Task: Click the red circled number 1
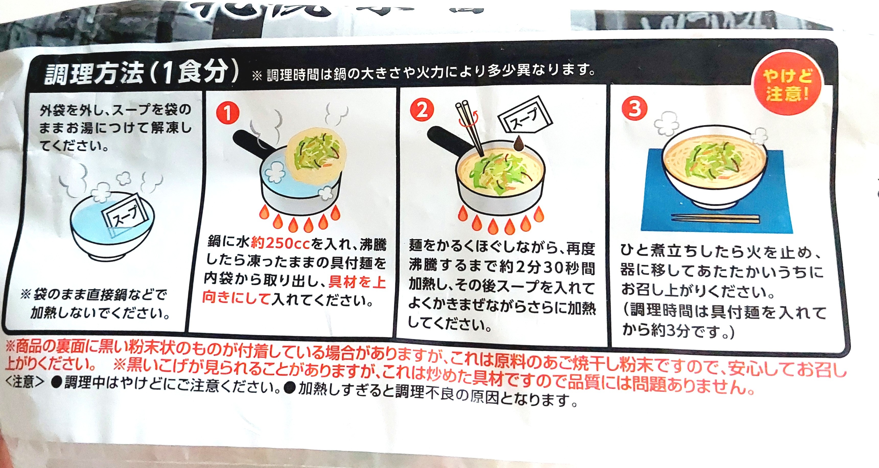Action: (228, 113)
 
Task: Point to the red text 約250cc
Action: (280, 243)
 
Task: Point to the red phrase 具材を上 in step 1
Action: (357, 282)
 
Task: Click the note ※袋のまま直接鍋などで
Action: (94, 294)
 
